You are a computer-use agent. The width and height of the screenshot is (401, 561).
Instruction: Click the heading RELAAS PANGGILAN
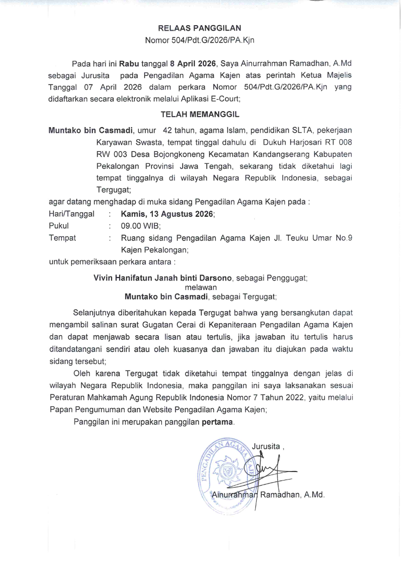(x=200, y=28)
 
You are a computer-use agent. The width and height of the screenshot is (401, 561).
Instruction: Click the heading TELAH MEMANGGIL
(x=200, y=115)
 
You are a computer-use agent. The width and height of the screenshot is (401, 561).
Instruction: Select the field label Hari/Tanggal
(x=71, y=214)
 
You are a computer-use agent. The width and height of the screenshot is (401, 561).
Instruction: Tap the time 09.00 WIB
(x=140, y=226)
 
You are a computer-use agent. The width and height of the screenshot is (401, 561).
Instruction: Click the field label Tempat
(x=62, y=238)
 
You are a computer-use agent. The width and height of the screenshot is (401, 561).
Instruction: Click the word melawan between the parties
(x=201, y=287)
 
